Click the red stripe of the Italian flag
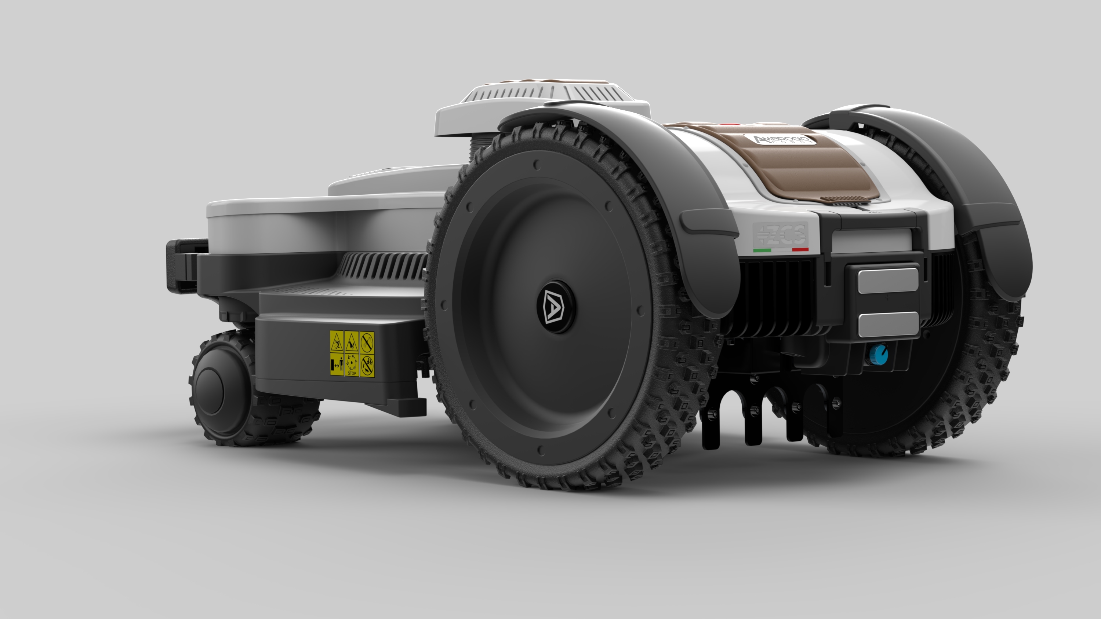(800, 249)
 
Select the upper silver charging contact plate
(888, 281)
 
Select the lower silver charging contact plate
(888, 324)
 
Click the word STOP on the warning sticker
(352, 373)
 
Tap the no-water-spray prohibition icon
(367, 341)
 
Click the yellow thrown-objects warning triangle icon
(337, 341)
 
